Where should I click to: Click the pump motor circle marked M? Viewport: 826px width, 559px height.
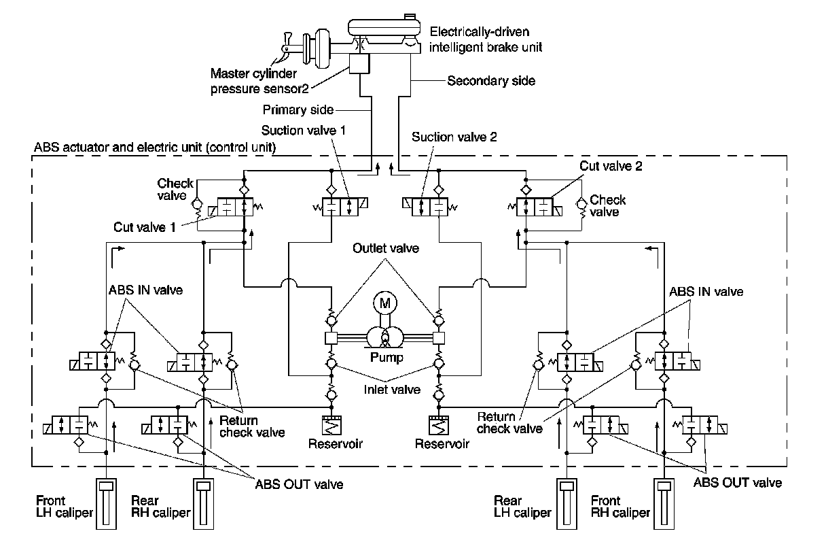click(x=385, y=304)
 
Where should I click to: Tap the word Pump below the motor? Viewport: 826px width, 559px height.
click(x=385, y=356)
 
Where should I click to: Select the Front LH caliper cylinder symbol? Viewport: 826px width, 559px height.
click(x=106, y=503)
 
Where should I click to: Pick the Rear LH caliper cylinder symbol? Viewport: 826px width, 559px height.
click(x=566, y=503)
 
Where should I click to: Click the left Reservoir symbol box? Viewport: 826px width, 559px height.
click(x=331, y=426)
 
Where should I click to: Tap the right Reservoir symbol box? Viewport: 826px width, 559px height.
click(x=439, y=426)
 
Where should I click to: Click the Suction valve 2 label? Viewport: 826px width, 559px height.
click(x=454, y=137)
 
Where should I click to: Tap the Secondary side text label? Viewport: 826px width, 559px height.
click(x=491, y=81)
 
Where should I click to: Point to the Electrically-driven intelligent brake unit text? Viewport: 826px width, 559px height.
click(x=486, y=39)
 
